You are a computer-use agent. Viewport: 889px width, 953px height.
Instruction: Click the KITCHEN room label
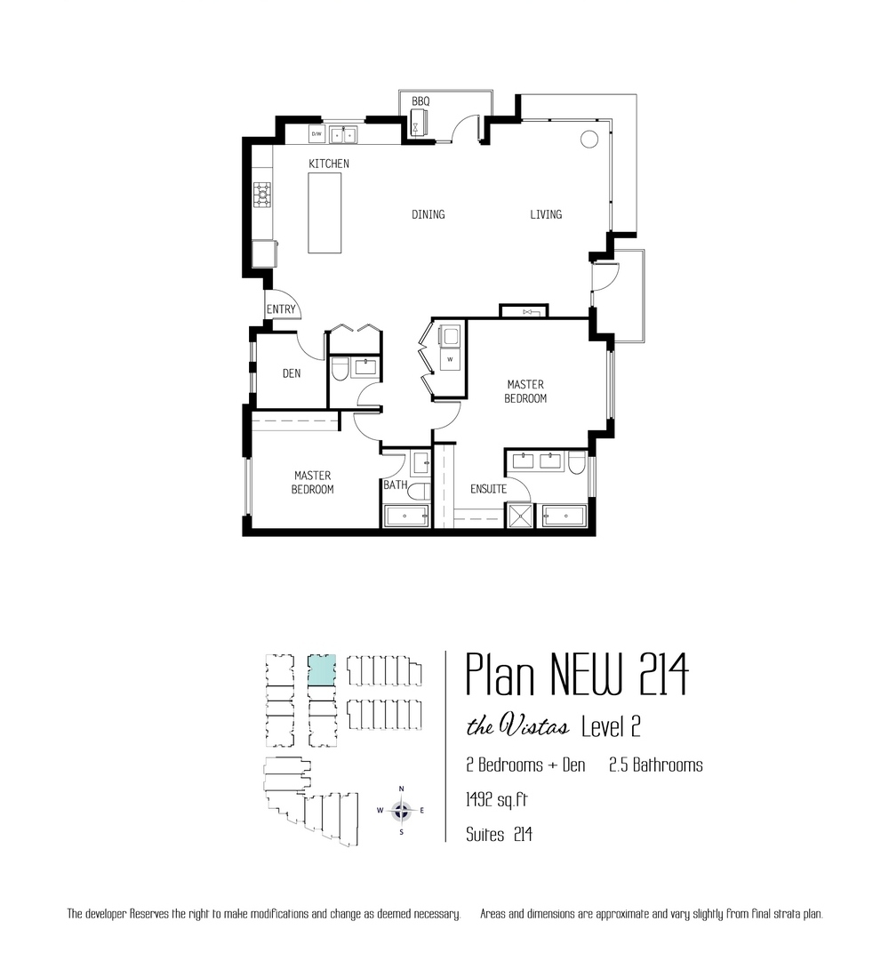pyautogui.click(x=329, y=164)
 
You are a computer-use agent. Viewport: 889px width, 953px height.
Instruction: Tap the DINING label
pyautogui.click(x=428, y=214)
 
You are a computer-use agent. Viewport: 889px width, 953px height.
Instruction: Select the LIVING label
pyautogui.click(x=546, y=214)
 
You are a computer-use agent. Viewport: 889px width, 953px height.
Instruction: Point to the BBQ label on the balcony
pyautogui.click(x=420, y=101)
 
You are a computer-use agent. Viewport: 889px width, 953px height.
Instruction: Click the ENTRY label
pyautogui.click(x=281, y=309)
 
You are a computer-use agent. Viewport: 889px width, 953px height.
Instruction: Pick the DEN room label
pyautogui.click(x=292, y=373)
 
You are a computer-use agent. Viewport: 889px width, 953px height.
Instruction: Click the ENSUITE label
pyautogui.click(x=489, y=489)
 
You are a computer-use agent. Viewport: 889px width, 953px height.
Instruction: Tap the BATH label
pyautogui.click(x=395, y=485)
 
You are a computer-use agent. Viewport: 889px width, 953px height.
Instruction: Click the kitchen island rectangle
pyautogui.click(x=324, y=212)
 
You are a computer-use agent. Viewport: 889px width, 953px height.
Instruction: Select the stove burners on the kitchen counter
pyautogui.click(x=262, y=195)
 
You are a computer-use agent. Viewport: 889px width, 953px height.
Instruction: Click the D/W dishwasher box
pyautogui.click(x=316, y=133)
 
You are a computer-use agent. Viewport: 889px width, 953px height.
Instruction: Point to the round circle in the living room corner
pyautogui.click(x=589, y=140)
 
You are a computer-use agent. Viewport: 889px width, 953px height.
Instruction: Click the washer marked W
pyautogui.click(x=450, y=359)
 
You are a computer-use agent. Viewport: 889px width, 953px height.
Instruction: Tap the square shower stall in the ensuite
pyautogui.click(x=519, y=516)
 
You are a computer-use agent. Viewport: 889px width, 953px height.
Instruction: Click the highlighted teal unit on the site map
pyautogui.click(x=322, y=669)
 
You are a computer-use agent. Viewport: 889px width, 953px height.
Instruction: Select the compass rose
pyautogui.click(x=401, y=810)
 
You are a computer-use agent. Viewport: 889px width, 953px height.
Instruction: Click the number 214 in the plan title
pyautogui.click(x=663, y=674)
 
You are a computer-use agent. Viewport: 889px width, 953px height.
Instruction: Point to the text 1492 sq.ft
pyautogui.click(x=496, y=800)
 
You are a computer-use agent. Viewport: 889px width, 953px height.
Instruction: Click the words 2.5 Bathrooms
pyautogui.click(x=656, y=765)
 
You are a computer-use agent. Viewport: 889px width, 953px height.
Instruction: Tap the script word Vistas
pyautogui.click(x=534, y=725)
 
